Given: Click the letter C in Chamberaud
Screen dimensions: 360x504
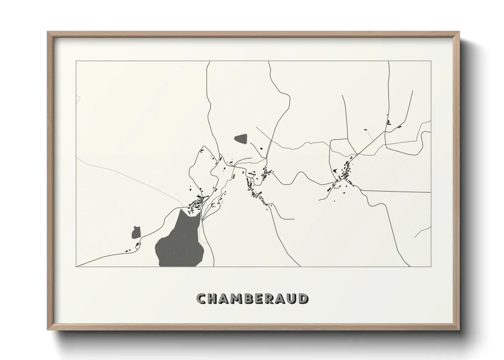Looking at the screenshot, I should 201,299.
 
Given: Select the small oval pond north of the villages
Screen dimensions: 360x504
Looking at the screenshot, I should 241,138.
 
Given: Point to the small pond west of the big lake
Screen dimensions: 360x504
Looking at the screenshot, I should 136,232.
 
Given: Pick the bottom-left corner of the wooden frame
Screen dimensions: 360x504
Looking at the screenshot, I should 48,329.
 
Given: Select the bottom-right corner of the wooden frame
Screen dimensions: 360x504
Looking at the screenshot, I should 459,329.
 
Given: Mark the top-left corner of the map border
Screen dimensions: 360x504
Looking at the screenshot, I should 76,61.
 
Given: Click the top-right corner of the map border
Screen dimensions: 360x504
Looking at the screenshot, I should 431,61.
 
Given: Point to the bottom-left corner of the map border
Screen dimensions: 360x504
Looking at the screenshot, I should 76,267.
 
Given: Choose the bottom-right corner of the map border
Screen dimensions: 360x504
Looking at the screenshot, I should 431,267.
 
